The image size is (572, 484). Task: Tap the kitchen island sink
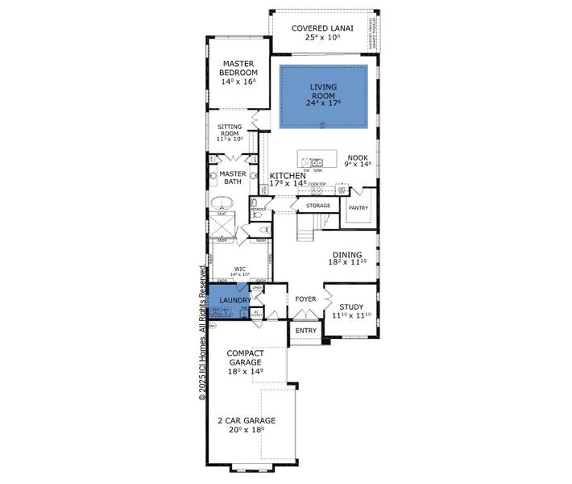[317, 162]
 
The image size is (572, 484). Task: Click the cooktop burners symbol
[317, 191]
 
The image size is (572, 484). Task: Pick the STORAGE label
[317, 207]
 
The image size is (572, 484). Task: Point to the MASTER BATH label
[232, 177]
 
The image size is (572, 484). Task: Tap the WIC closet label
[239, 271]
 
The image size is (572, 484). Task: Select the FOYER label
[305, 299]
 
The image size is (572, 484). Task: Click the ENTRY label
[305, 331]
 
